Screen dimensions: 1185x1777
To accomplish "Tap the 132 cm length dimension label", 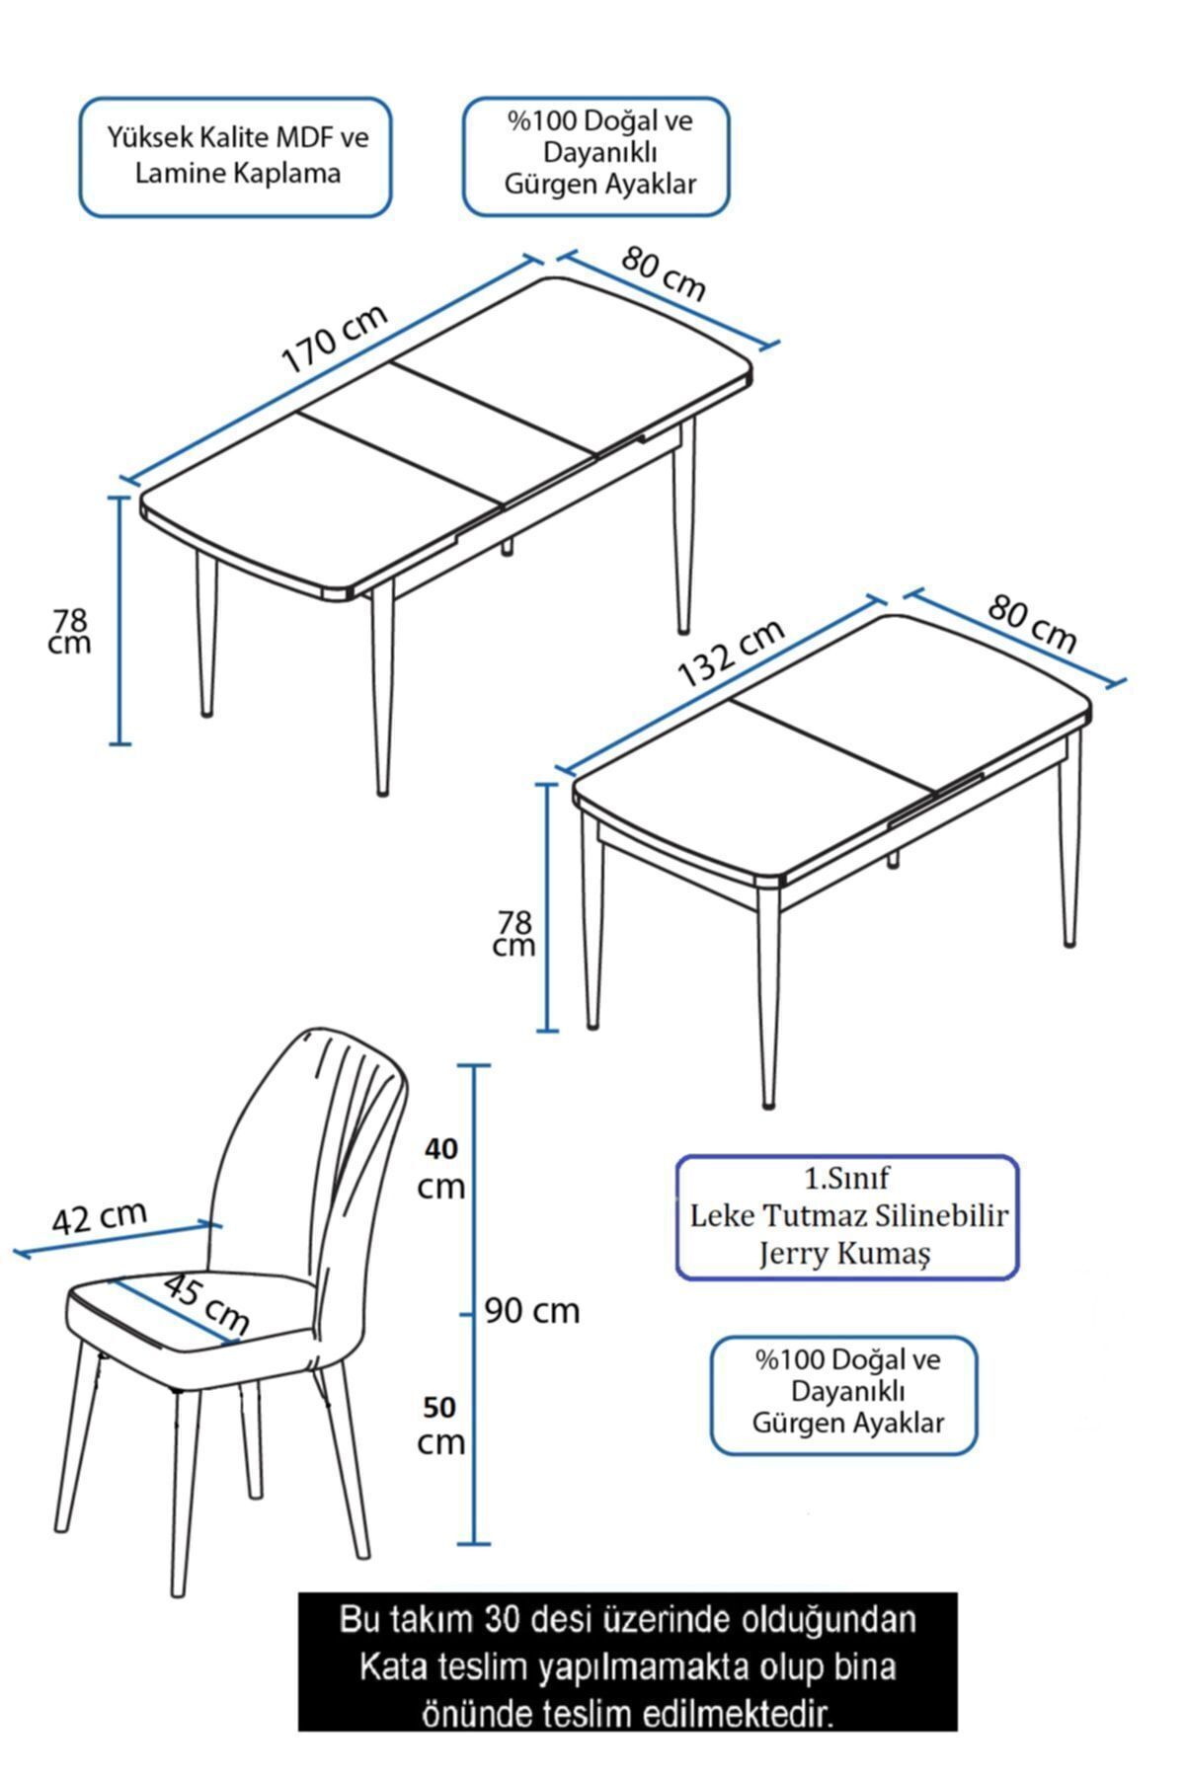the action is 731,654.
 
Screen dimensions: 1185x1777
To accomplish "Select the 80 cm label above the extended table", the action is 665,272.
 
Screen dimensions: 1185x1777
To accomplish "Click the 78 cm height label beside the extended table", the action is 70,631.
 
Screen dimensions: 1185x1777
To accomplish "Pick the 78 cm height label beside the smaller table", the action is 514,933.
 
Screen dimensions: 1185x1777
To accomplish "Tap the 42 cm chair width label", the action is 99,1216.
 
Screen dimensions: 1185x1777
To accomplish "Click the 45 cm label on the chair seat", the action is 205,1302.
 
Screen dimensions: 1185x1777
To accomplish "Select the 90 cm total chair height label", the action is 533,1311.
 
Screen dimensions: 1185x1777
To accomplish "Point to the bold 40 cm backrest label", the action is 441,1167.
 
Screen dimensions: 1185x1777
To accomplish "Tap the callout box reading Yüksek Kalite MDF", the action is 236,157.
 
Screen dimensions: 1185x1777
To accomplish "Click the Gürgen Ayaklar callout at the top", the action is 597,156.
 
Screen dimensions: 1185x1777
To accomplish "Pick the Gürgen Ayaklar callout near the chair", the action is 844,1395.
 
